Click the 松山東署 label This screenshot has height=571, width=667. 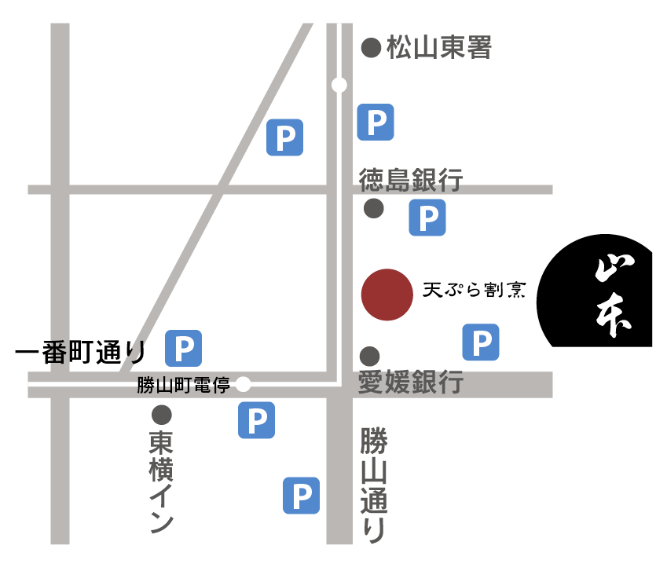coord(438,49)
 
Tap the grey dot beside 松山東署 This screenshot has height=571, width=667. coord(371,49)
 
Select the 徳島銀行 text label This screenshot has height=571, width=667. coord(411,180)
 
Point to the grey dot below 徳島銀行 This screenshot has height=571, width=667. coord(373,208)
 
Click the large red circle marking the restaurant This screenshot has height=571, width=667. coord(387,295)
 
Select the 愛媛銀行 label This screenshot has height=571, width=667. coord(410,383)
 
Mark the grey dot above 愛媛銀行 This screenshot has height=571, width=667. coord(369,355)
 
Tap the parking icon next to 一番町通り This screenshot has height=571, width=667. coord(184,348)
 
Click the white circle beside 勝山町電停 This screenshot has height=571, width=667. coord(244,384)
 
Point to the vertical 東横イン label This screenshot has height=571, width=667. coord(161,481)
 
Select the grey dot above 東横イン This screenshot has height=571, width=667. coord(162,414)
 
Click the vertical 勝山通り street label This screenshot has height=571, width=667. coord(373,485)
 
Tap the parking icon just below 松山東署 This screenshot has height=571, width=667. coord(376,122)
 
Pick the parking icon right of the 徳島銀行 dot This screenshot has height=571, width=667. coord(427,218)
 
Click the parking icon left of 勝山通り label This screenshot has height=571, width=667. coord(301,495)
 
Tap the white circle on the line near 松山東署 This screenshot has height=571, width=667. coord(339,85)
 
